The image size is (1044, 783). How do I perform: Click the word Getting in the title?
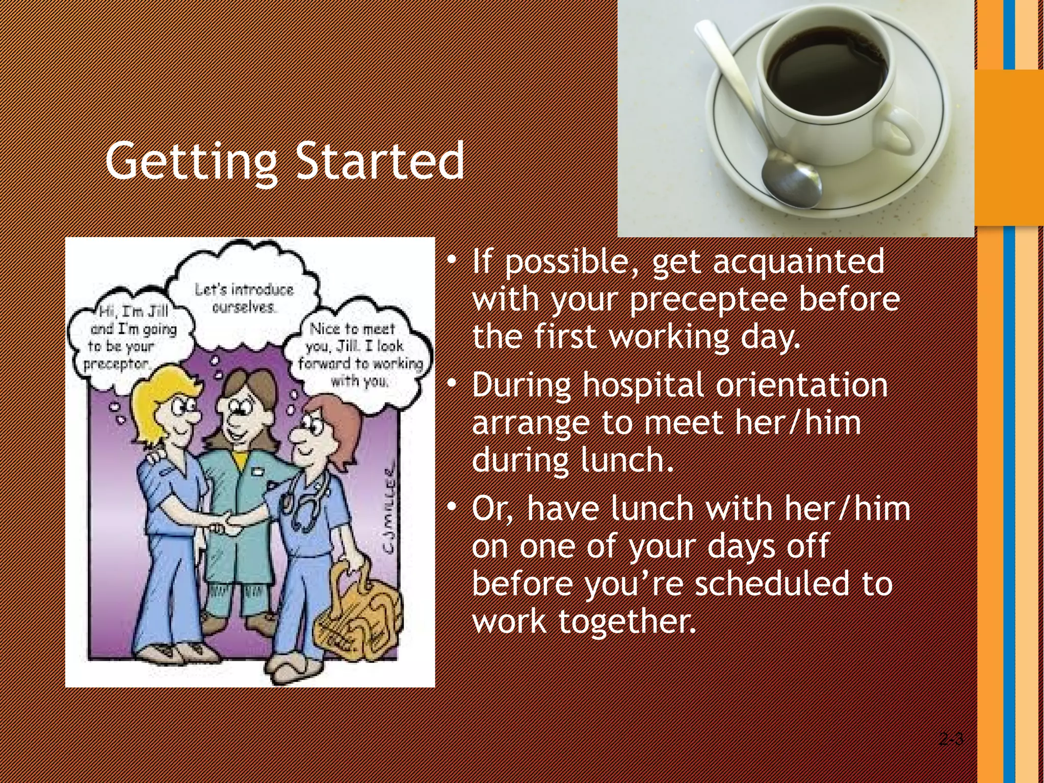pos(191,162)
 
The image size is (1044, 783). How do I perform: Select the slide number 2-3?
pos(951,739)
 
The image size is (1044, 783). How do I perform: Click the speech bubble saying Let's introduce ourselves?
pos(244,298)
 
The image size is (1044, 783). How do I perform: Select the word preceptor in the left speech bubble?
pos(116,364)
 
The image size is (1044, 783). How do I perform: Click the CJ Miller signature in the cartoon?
pos(390,510)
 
